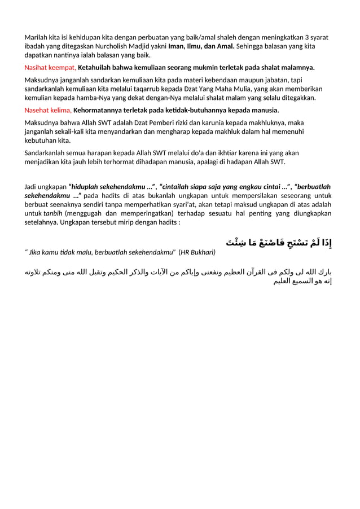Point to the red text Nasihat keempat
pyautogui.click(x=50, y=68)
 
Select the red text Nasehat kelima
pyautogui.click(x=48, y=110)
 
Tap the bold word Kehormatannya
pyautogui.click(x=99, y=110)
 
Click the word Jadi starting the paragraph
pyautogui.click(x=32, y=186)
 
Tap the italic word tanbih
pyautogui.click(x=54, y=213)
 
